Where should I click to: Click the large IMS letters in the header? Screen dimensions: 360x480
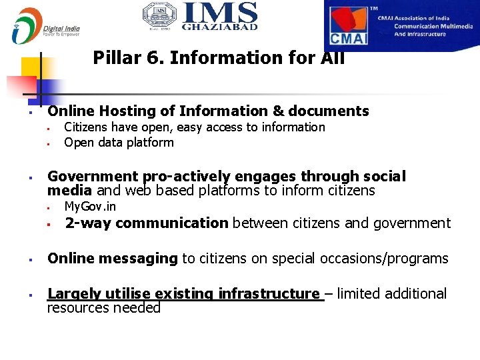219,13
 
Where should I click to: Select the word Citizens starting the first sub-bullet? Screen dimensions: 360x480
86,127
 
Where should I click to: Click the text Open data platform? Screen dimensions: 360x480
119,143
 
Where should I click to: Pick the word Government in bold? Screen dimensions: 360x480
93,177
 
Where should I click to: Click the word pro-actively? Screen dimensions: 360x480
186,177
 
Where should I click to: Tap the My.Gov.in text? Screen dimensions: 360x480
90,207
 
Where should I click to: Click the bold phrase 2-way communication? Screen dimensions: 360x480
146,223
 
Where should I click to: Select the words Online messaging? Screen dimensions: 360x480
113,259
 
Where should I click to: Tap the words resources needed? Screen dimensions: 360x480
103,308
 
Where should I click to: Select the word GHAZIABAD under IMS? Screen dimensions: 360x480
219,27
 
